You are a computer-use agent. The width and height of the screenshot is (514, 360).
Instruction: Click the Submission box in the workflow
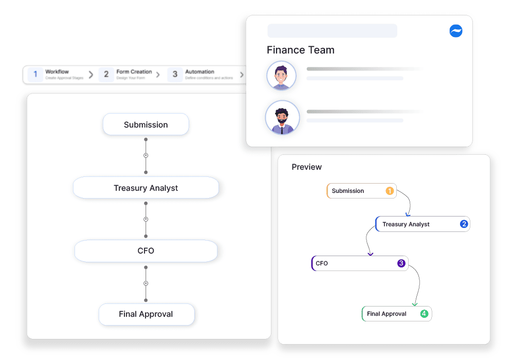[x=146, y=124]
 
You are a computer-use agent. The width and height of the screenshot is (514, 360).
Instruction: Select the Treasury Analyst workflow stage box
[x=146, y=188]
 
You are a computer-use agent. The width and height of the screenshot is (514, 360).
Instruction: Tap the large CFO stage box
[x=146, y=251]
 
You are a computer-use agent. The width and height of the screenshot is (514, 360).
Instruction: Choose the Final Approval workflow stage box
[x=146, y=314]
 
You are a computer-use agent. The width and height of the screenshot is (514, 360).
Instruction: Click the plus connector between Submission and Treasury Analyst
[x=146, y=155]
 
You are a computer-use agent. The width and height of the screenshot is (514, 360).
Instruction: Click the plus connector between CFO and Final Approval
[x=146, y=283]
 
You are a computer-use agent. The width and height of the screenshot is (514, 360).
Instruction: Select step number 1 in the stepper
[x=35, y=75]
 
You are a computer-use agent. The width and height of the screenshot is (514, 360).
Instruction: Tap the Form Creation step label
[x=134, y=72]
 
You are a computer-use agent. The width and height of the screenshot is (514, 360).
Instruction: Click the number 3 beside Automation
[x=175, y=75]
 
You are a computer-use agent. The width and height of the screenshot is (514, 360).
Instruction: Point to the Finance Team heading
[x=301, y=50]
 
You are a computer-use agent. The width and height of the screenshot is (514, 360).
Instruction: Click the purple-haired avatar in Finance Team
[x=282, y=76]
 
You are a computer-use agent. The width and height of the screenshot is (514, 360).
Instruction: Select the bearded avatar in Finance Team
[x=282, y=118]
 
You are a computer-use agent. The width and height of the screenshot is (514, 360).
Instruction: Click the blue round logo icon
[x=456, y=31]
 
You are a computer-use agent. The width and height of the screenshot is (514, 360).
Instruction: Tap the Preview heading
[x=307, y=167]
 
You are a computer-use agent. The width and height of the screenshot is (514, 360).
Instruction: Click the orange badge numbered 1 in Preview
[x=390, y=191]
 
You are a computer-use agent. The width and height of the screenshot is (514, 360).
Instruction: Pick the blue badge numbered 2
[x=464, y=224]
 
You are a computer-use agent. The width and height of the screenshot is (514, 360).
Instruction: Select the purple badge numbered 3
[x=401, y=263]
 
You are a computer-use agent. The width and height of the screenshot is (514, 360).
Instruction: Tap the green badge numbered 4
[x=424, y=314]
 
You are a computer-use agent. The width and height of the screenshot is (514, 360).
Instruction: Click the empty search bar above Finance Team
[x=332, y=31]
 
